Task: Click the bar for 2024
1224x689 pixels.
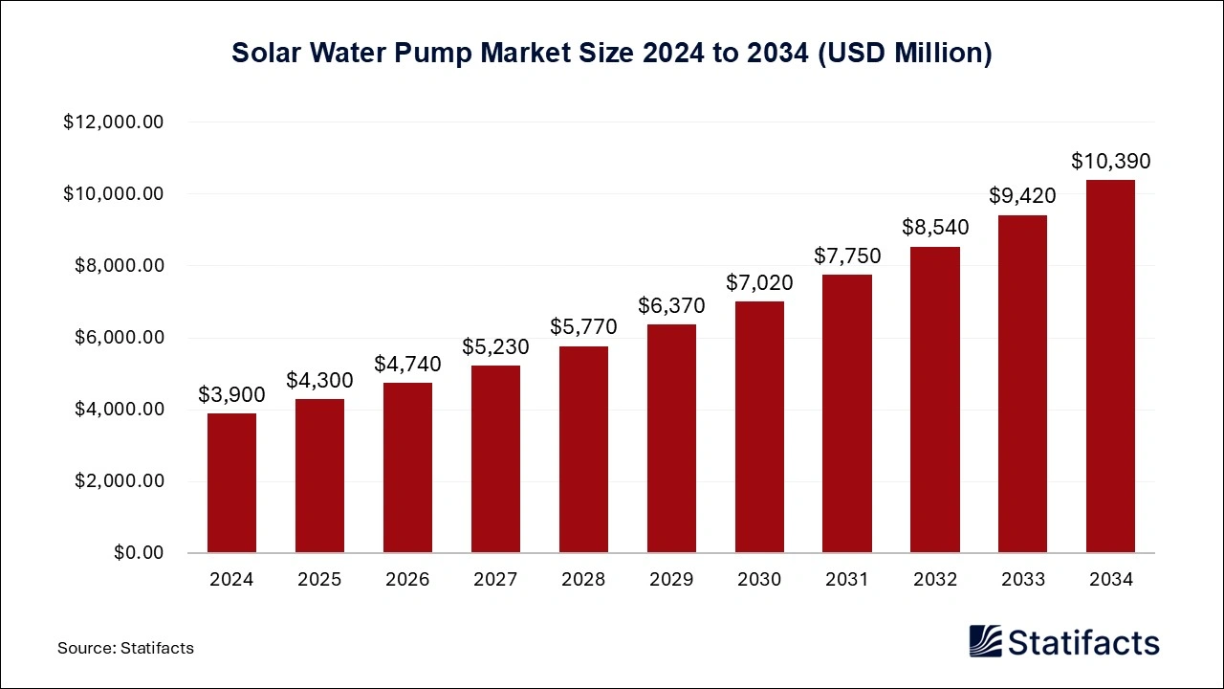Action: [x=231, y=483]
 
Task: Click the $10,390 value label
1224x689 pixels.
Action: [x=1110, y=161]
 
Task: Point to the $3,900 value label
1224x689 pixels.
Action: [x=231, y=394]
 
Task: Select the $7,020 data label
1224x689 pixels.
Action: [x=759, y=282]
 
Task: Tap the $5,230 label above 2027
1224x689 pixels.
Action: [x=495, y=346]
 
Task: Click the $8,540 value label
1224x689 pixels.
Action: [x=935, y=228]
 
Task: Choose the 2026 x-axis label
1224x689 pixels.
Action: [x=407, y=579]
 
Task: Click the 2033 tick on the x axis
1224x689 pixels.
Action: [x=1022, y=579]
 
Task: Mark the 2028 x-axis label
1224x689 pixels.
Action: [x=583, y=579]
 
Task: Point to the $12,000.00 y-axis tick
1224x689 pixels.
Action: [x=114, y=122]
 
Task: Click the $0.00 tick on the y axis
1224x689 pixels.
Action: [x=139, y=553]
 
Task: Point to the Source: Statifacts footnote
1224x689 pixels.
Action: [x=125, y=648]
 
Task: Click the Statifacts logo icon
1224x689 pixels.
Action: [x=985, y=641]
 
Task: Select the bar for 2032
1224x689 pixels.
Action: [x=935, y=400]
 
